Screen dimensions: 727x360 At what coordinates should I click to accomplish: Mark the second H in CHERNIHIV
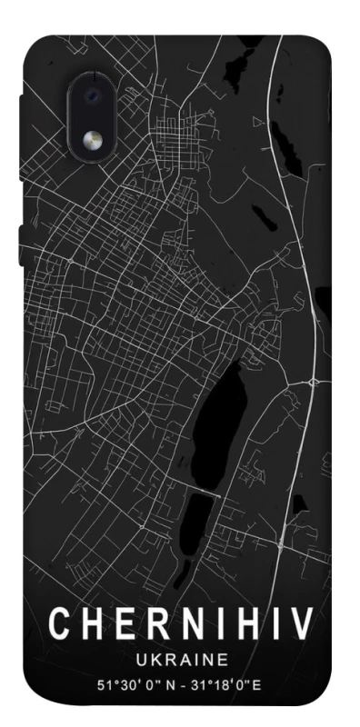pos(243,624)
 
